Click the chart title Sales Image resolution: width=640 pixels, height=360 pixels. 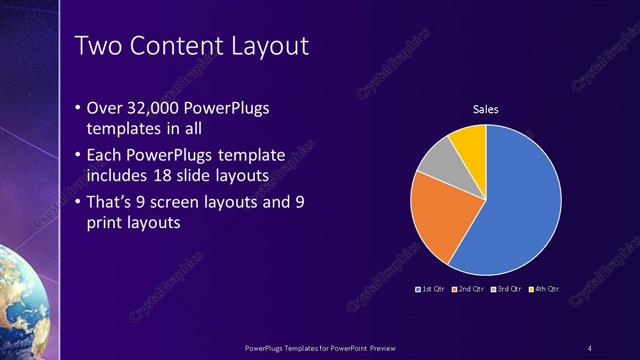click(485, 109)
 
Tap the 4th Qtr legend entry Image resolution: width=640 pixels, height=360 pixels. click(543, 289)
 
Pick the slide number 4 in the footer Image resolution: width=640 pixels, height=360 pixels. click(590, 347)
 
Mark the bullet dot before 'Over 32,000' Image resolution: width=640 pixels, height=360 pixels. click(79, 108)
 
